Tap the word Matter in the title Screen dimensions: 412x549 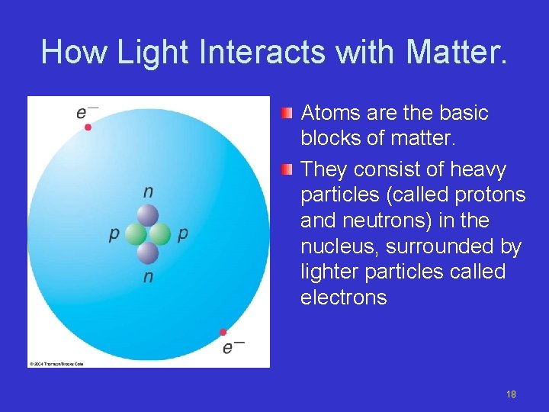tap(455, 52)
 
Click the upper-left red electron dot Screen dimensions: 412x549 tap(88, 127)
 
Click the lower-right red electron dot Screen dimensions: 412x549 tap(223, 332)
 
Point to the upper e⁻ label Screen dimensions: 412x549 tap(85, 112)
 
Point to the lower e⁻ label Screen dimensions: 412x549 tap(232, 347)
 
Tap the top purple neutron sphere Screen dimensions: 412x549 tap(148, 215)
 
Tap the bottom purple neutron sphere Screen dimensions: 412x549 tap(148, 252)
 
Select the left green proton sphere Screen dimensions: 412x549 tap(136, 233)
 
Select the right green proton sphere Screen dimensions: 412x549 tap(160, 233)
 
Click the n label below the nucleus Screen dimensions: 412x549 tap(148, 276)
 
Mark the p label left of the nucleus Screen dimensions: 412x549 tap(114, 234)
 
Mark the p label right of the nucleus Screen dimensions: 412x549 tap(182, 234)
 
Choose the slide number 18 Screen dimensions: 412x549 tap(511, 394)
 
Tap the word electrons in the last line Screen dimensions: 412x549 tap(344, 298)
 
